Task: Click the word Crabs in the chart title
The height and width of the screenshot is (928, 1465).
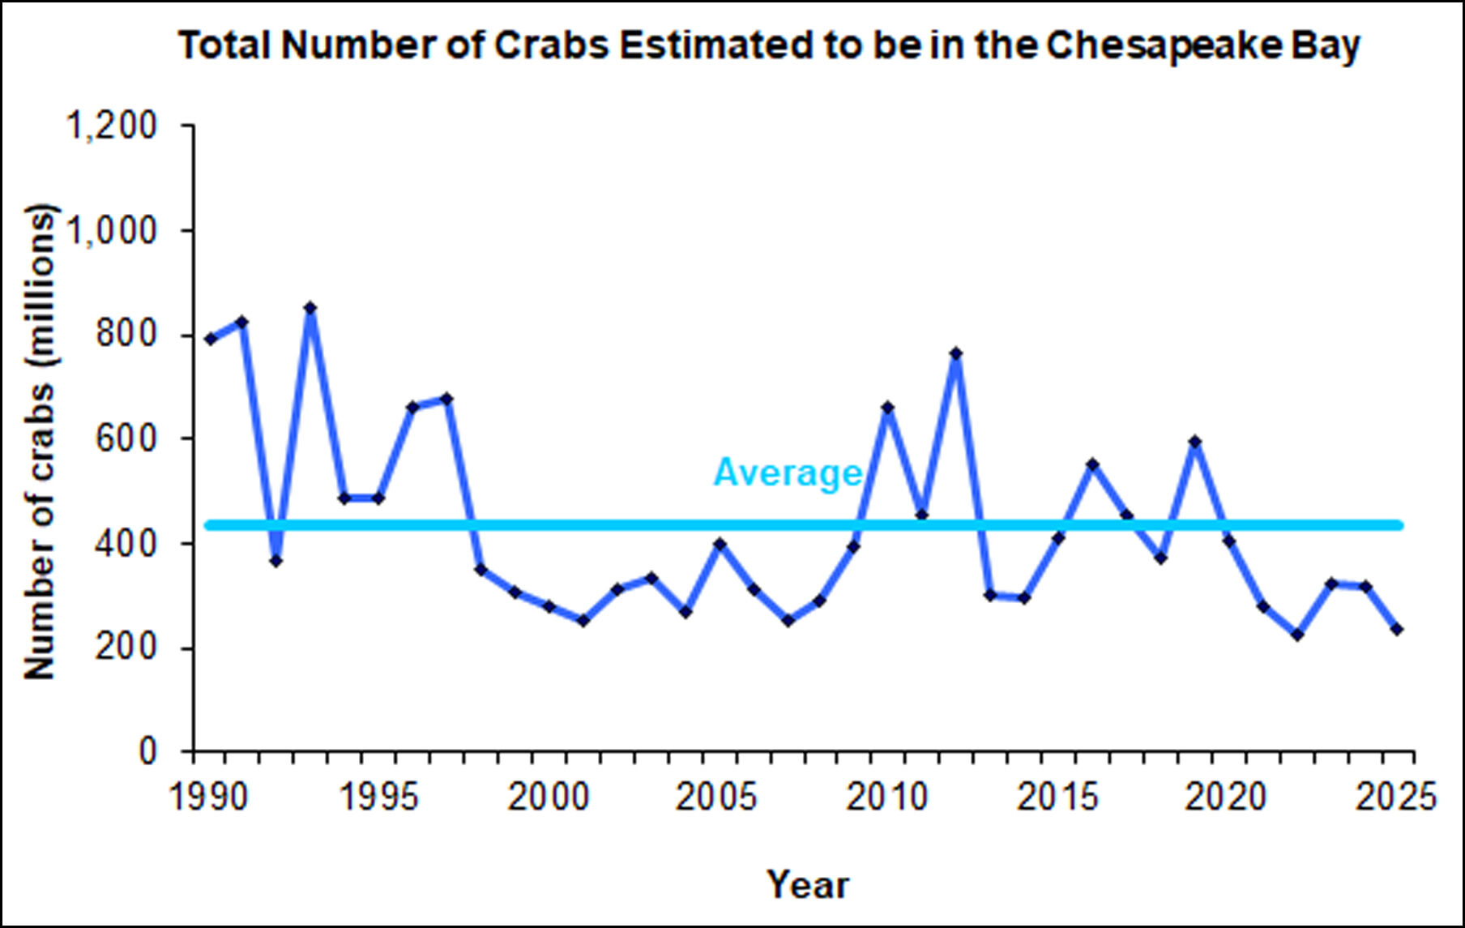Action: [x=552, y=45]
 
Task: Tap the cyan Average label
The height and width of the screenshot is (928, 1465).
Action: [x=787, y=473]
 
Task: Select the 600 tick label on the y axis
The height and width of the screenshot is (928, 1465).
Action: [x=126, y=438]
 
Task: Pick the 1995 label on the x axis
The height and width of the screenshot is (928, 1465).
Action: [x=378, y=798]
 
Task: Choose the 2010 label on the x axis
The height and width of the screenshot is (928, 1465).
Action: [x=886, y=798]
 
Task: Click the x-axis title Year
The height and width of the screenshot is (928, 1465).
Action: [x=808, y=884]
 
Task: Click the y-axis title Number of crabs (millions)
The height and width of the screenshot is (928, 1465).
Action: [x=40, y=442]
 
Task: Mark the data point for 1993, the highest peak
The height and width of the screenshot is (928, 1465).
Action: [x=310, y=308]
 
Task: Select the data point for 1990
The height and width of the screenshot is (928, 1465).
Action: [x=211, y=339]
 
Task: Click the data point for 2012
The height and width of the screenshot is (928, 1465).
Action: [x=956, y=353]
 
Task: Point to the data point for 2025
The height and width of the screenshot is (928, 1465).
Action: [x=1397, y=629]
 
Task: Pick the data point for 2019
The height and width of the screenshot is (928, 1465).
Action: [x=1194, y=443]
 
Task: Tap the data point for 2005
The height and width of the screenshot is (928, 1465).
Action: [x=719, y=544]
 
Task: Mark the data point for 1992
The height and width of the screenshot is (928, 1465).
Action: [x=276, y=560]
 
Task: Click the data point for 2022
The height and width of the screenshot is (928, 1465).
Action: [x=1296, y=635]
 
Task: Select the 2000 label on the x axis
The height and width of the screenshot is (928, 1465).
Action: [x=548, y=798]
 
